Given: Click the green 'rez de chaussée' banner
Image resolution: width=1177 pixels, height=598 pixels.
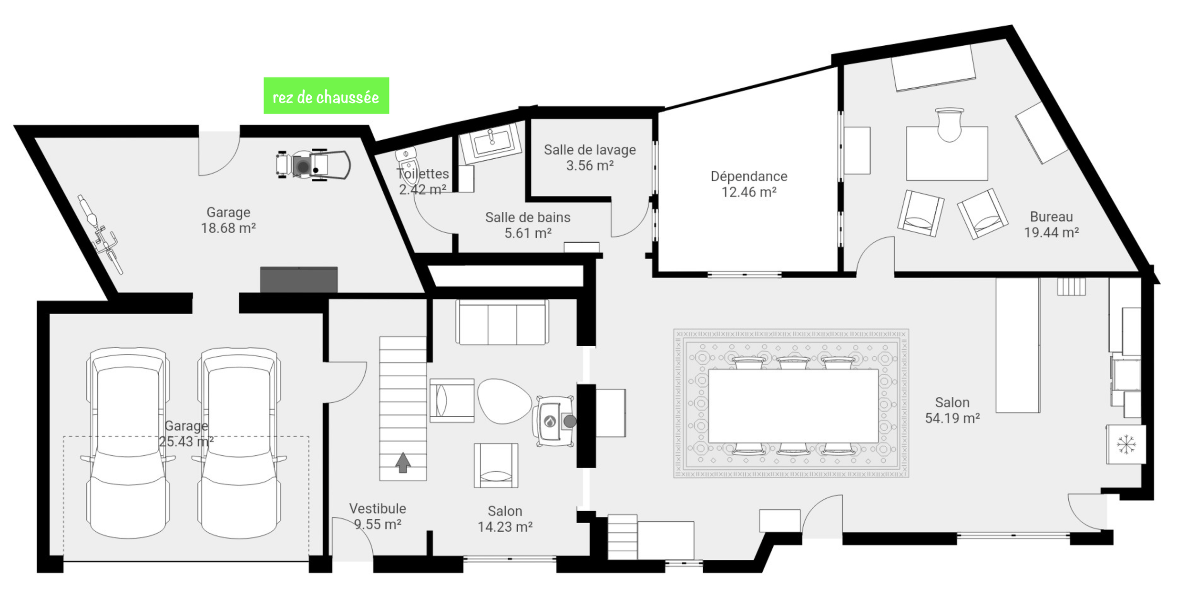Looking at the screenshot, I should [326, 96].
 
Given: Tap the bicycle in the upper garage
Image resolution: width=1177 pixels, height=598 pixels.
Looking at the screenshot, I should [101, 235].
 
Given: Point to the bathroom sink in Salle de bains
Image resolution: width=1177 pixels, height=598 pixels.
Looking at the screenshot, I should [491, 139].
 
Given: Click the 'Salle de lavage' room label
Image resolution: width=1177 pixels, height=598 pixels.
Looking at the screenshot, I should [590, 150].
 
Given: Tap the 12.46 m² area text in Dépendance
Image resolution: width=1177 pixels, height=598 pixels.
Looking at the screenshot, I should [748, 192].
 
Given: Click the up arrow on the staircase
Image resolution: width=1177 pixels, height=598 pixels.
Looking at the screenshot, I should [403, 462].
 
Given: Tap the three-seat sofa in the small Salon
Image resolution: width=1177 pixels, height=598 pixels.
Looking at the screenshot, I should [502, 322].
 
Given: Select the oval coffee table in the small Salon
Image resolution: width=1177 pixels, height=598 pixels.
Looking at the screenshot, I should [504, 401].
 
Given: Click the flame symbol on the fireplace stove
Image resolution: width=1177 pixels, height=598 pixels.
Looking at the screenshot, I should [550, 422].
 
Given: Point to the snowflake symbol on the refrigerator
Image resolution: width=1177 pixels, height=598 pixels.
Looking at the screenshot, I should [1126, 444].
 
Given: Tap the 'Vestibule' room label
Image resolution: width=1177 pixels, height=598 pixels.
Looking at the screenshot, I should [378, 508].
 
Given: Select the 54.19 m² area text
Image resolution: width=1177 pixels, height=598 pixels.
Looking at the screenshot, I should [952, 418].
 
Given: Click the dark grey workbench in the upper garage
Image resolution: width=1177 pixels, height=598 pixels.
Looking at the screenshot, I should [299, 279].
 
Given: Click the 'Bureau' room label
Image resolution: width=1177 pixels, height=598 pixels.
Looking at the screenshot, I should [1051, 217].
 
